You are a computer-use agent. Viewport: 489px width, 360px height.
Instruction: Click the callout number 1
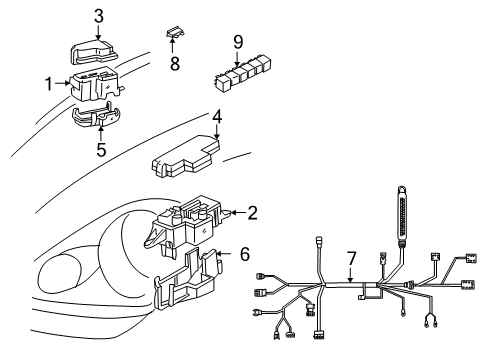47,83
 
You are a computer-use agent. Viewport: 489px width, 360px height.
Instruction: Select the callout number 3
98,15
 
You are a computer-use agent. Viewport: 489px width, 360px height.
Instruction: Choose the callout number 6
243,255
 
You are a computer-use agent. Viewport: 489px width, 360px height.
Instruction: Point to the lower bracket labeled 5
98,119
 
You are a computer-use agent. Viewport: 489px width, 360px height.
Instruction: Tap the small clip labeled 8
176,36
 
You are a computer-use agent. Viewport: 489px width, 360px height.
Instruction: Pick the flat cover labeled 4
187,158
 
